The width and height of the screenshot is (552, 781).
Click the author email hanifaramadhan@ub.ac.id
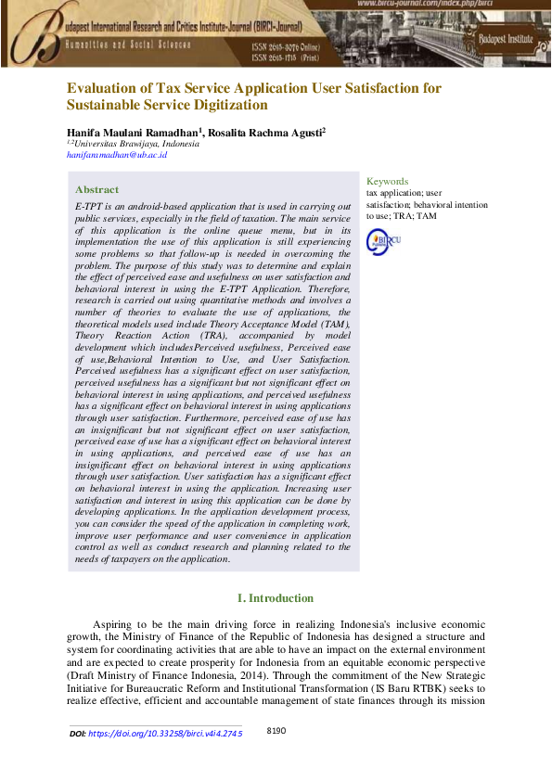point(117,155)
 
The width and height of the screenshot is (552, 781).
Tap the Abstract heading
point(96,188)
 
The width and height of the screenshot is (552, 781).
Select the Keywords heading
point(387,181)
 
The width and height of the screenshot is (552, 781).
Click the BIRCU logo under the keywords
point(384,241)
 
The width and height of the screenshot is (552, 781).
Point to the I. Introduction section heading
point(276,598)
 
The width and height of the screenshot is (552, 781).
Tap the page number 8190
point(276,731)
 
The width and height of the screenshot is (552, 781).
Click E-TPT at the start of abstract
point(91,205)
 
